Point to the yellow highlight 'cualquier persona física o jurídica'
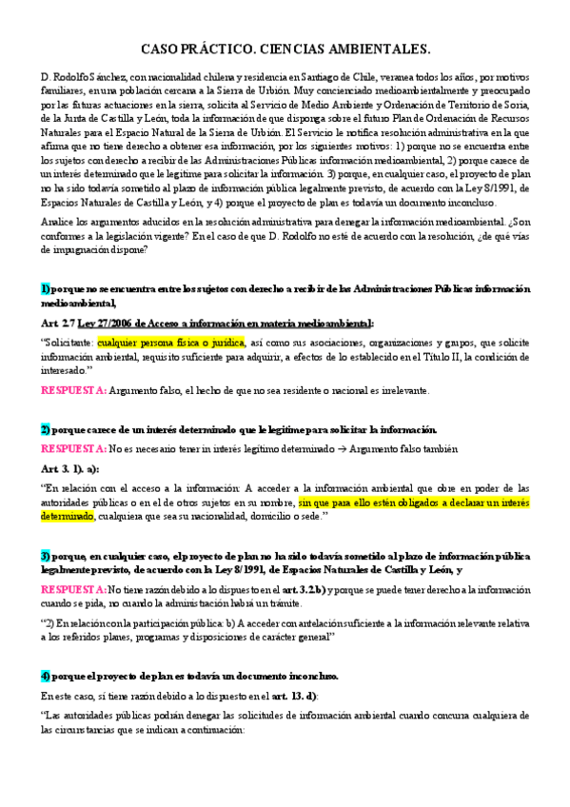[171, 342]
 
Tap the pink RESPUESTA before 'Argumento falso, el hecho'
[73, 390]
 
